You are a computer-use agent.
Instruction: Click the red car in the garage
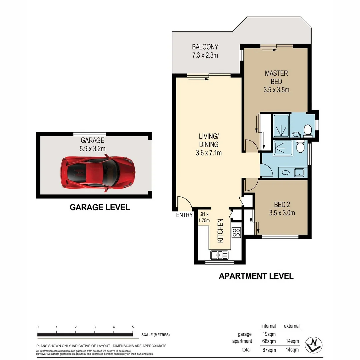point(98,173)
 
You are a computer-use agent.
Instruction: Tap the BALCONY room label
point(205,47)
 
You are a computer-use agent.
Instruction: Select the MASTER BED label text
point(276,77)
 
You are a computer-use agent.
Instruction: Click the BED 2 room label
point(282,204)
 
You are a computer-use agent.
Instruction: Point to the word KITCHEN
point(220,231)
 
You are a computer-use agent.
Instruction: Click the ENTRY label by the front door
point(184,215)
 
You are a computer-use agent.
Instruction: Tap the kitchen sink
point(219,255)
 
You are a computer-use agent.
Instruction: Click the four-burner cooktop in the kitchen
point(236,232)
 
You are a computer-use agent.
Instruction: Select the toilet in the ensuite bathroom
point(307,130)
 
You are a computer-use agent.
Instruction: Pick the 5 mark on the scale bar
point(133,327)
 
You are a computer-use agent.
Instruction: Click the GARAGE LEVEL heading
point(100,207)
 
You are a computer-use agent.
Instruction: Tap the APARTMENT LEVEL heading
point(256,276)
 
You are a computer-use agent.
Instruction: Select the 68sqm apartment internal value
point(269,341)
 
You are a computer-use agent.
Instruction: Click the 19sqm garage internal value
point(269,334)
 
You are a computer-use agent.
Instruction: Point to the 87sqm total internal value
point(269,350)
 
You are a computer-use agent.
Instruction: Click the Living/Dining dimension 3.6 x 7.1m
point(209,153)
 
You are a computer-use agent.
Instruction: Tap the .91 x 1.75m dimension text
point(204,217)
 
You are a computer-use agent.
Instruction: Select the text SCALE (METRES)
point(155,335)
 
